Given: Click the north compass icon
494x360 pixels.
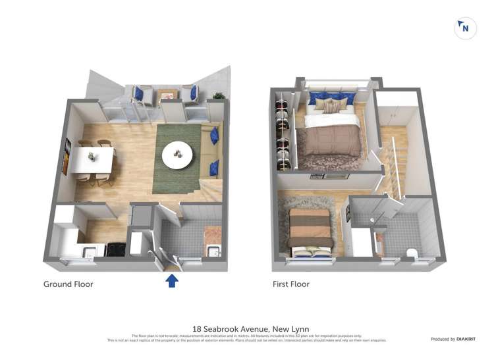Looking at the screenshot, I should coord(466,28).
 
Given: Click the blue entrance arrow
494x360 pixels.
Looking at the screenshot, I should coord(171,281).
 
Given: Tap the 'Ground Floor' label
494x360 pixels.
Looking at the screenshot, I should coord(69,284).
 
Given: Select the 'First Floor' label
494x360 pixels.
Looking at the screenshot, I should coord(291,284).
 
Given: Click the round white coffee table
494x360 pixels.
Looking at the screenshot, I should coord(178,154).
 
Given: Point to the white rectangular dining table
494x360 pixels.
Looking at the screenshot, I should coord(93,160).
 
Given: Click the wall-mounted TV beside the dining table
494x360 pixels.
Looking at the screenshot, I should coord(67,157).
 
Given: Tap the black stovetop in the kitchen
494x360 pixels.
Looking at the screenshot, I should coord(116,249).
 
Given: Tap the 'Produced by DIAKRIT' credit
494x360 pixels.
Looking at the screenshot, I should coord(453,339).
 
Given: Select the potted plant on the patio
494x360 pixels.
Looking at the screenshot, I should coord(219,96).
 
